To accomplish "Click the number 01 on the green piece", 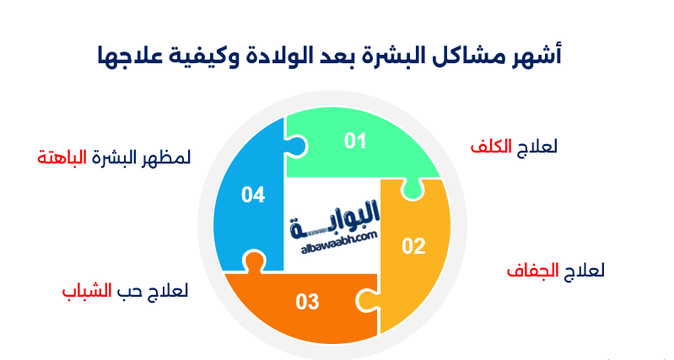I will click(355, 141).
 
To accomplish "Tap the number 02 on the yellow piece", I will click(413, 246).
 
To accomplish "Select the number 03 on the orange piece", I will click(308, 301).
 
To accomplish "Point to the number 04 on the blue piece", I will click(253, 196).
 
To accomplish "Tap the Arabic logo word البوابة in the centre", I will click(337, 224).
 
